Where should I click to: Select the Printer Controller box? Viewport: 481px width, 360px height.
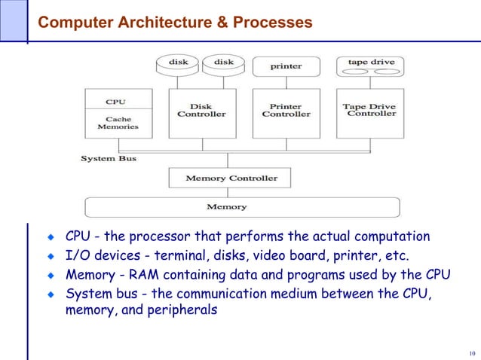(286, 111)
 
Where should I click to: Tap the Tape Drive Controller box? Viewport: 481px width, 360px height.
(370, 111)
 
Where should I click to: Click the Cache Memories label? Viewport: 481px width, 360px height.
(118, 123)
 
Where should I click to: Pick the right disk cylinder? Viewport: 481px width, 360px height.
(224, 63)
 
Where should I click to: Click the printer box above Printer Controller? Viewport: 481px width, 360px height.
(286, 66)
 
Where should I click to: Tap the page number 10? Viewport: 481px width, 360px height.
(472, 353)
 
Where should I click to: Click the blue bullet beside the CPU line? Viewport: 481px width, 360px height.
(51, 239)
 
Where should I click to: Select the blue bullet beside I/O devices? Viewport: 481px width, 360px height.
(51, 257)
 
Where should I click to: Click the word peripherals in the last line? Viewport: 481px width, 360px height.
(169, 310)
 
